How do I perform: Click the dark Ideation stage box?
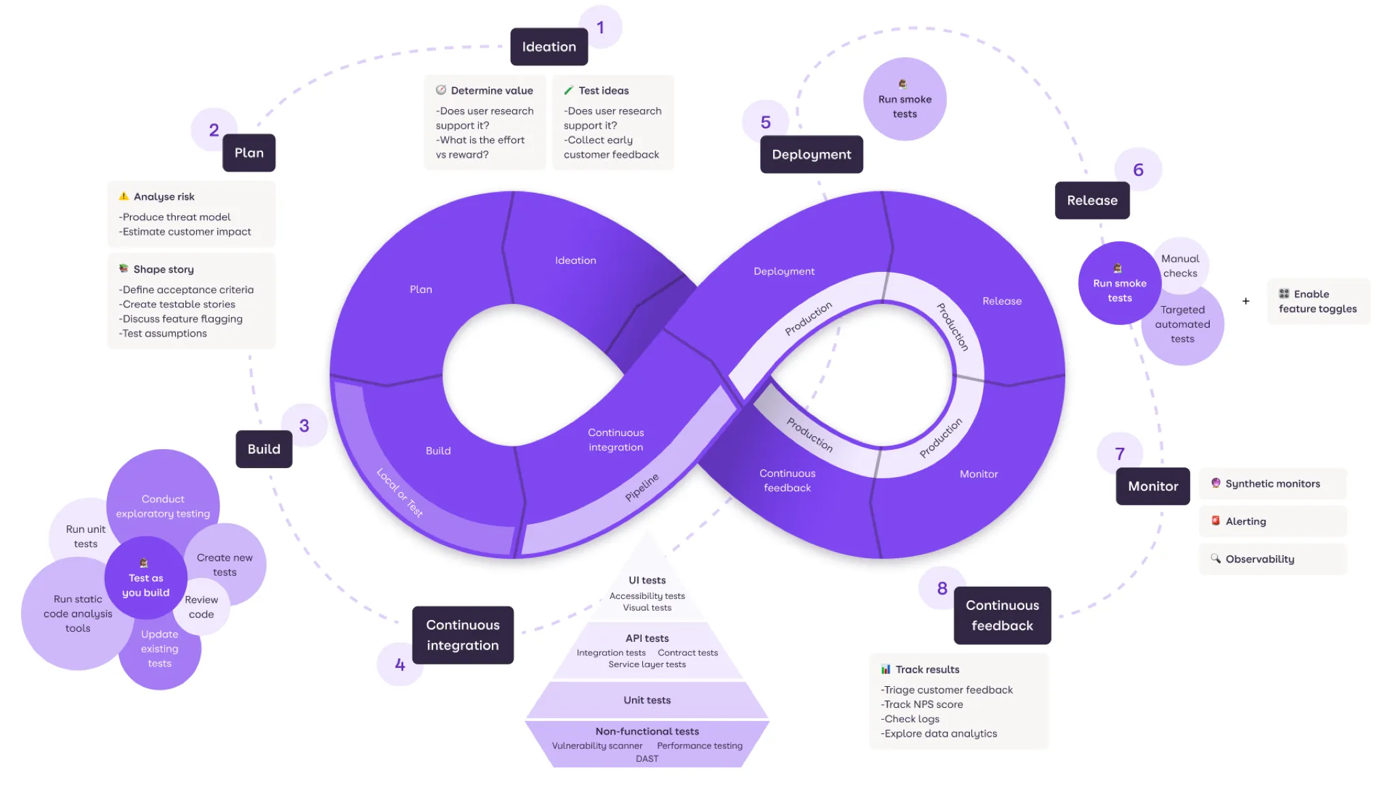click(548, 46)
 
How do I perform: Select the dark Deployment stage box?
click(811, 155)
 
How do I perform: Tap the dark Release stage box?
click(1091, 200)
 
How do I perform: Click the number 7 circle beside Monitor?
click(1119, 454)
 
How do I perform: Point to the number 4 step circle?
click(400, 664)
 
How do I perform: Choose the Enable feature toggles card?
click(1317, 301)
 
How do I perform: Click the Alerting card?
click(1272, 521)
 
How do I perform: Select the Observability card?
click(1272, 559)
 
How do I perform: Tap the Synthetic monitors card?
click(1272, 484)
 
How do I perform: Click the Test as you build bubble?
click(146, 579)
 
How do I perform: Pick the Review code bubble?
click(202, 607)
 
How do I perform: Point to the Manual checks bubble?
click(1180, 266)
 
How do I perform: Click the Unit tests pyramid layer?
click(647, 700)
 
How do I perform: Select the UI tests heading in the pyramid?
click(647, 580)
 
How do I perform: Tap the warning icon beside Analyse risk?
click(124, 196)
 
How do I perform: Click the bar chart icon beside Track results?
click(885, 669)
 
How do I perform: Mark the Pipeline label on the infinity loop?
click(642, 487)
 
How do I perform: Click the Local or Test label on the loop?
click(400, 493)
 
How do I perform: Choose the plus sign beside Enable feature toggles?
click(1246, 301)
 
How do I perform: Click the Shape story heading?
click(163, 269)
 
